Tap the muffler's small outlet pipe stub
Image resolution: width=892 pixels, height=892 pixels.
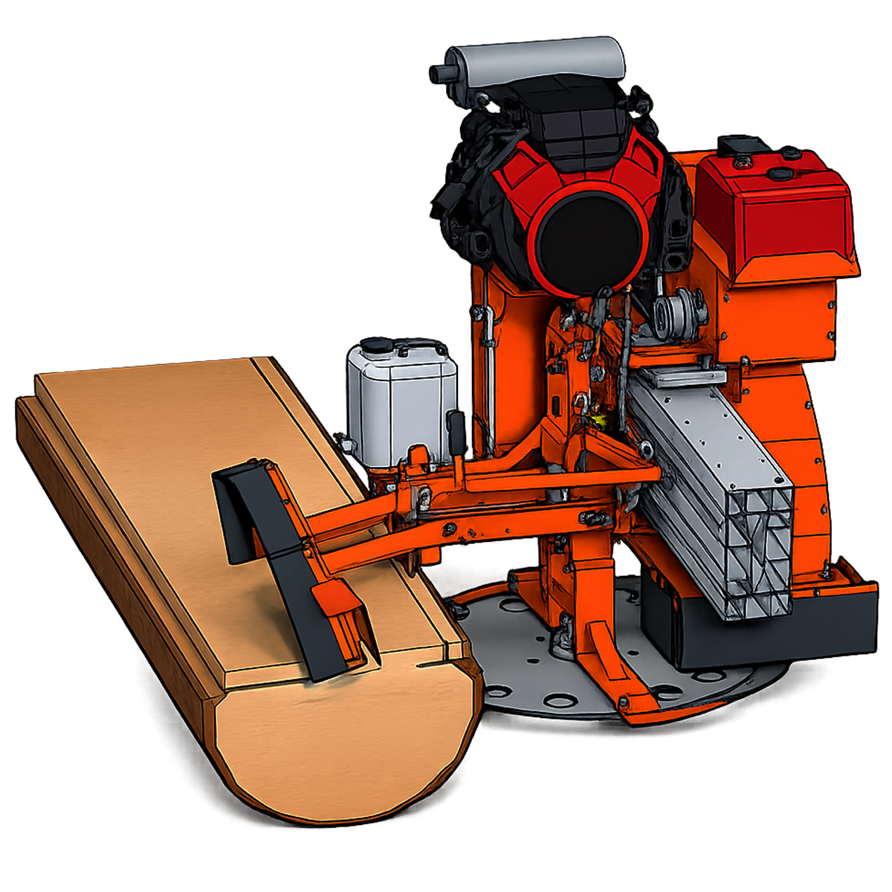click(440, 73)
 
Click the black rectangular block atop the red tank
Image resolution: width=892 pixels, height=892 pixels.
click(737, 145)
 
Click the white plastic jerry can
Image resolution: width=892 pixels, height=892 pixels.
click(398, 405)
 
